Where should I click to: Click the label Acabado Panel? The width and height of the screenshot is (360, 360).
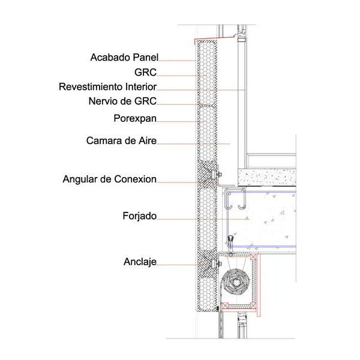[124, 58]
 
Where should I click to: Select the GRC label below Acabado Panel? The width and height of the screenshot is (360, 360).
[145, 73]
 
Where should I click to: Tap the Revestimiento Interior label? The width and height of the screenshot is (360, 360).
[107, 87]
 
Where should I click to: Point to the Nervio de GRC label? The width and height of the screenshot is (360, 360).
[122, 101]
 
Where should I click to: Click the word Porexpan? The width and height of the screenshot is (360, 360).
[135, 118]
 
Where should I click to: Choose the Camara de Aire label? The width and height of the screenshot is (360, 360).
[121, 140]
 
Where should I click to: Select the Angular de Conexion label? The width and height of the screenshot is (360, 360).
[110, 179]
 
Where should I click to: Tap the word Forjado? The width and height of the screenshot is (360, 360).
[140, 216]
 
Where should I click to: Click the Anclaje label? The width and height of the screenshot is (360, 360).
[140, 262]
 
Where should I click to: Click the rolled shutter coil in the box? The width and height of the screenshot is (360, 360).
[236, 282]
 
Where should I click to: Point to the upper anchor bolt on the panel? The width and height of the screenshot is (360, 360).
[216, 175]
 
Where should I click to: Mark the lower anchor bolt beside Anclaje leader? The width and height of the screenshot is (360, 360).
[216, 264]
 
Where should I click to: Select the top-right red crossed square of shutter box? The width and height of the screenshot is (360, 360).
[254, 257]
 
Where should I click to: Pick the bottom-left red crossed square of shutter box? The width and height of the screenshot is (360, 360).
[224, 306]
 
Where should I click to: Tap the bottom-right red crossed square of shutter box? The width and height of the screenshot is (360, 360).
[253, 306]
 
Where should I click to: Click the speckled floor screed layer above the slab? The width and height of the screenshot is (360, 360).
[267, 177]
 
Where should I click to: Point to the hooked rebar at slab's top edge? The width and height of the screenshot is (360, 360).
[235, 199]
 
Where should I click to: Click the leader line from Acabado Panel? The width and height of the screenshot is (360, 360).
[177, 61]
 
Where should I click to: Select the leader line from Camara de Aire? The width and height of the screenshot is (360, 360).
[193, 144]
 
